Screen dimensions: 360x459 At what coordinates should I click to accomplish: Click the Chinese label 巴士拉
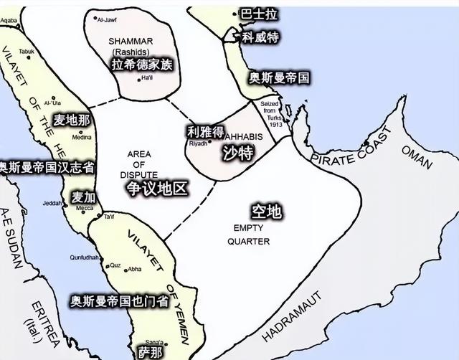[x=257, y=14]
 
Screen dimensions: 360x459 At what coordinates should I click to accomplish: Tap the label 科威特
[x=260, y=37]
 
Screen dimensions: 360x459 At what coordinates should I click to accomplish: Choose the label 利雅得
[x=204, y=131]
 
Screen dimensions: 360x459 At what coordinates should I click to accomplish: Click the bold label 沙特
[x=238, y=152]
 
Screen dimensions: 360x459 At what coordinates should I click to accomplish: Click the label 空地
[x=265, y=212]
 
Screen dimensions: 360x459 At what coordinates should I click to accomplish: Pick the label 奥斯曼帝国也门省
[x=120, y=301]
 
